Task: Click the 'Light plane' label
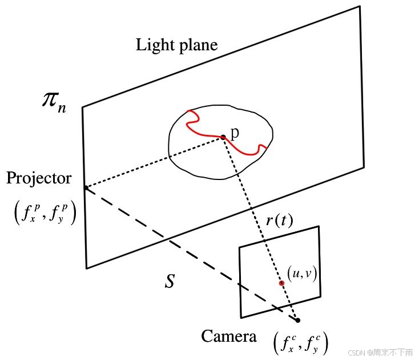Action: click(176, 45)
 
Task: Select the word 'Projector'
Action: click(39, 178)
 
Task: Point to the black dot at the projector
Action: click(86, 187)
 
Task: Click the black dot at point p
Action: click(223, 137)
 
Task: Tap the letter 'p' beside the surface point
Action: click(234, 133)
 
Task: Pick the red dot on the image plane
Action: click(281, 283)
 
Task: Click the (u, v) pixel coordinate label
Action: click(302, 274)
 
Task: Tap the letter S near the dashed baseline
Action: click(170, 281)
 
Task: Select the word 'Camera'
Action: click(228, 337)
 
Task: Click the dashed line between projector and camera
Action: click(188, 252)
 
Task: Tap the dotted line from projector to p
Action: click(154, 162)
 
